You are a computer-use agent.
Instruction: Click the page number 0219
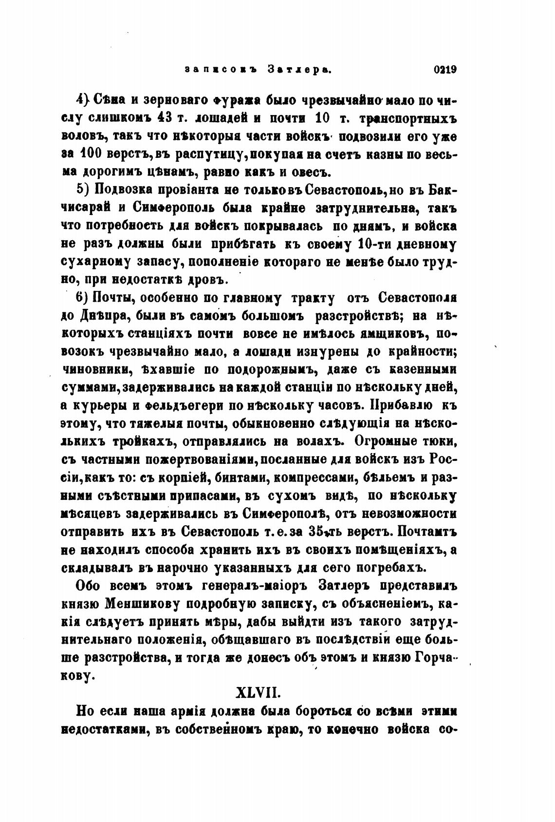(x=444, y=70)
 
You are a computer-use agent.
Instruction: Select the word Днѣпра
(x=103, y=316)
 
